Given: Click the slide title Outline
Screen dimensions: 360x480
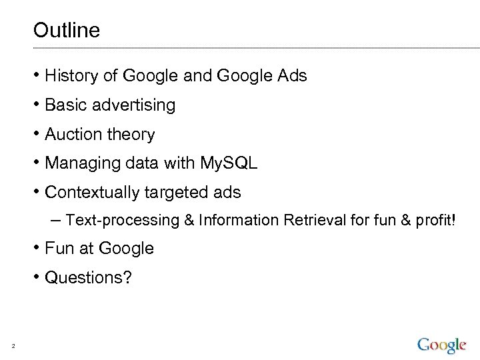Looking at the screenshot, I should coord(66,30).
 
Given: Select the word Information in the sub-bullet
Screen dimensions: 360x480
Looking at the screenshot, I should coord(239,220).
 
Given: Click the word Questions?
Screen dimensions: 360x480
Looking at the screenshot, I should coord(88,277).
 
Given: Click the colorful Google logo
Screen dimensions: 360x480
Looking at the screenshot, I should coord(442,345).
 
